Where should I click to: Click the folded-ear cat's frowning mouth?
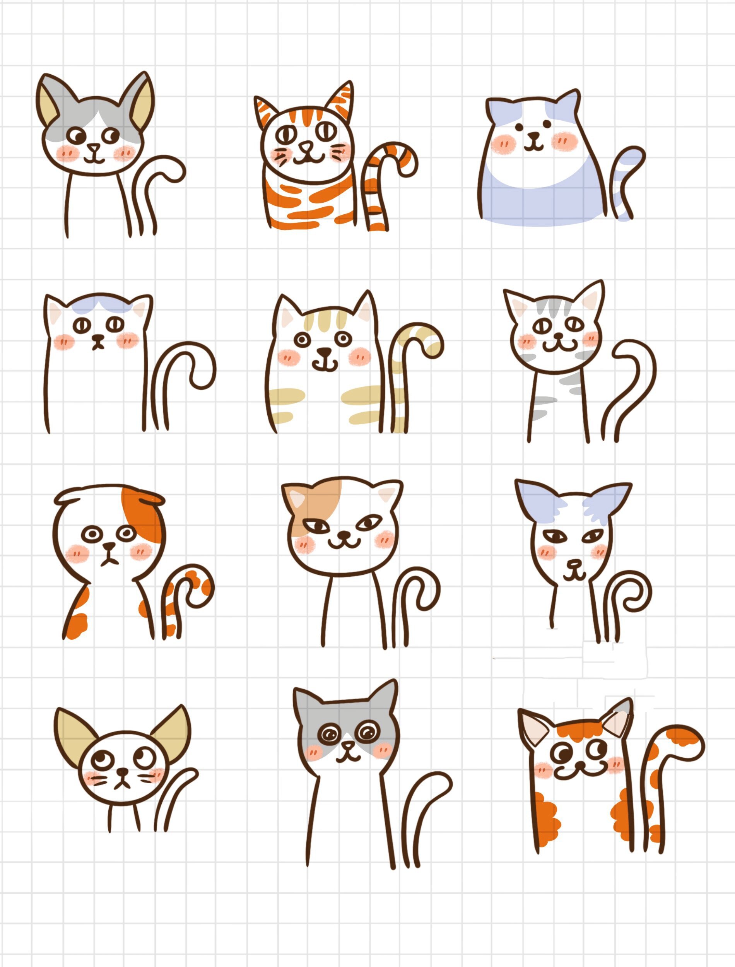point(108,561)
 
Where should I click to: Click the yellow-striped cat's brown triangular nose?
point(324,351)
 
